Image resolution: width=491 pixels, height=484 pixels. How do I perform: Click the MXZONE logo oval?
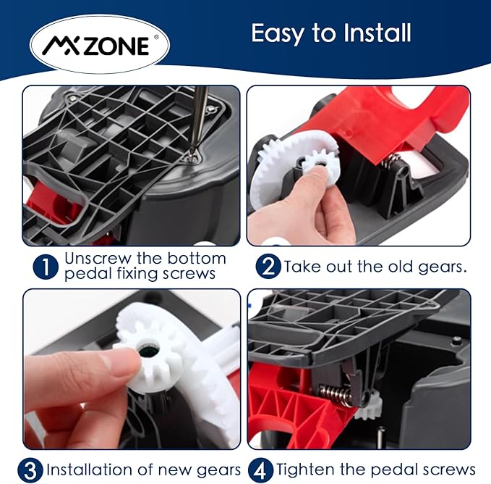100,44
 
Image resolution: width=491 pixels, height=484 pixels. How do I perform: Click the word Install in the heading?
377,33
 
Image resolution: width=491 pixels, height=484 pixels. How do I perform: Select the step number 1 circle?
46,267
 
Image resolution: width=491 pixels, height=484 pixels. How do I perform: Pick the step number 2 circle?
268,267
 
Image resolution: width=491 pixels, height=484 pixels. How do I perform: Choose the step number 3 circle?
30,470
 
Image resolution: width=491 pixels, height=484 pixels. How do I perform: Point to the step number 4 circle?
260,470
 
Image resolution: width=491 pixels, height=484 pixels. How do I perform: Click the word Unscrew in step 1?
98,259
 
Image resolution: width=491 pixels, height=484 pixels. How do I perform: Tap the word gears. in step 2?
442,267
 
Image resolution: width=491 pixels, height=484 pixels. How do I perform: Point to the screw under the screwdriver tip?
192,157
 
